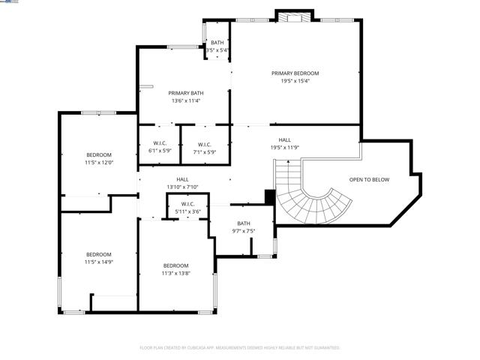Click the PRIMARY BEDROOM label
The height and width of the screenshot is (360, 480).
(x=295, y=73)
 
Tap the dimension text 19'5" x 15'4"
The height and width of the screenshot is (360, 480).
(x=295, y=81)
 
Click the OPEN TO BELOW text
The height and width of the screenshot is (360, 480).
(x=369, y=180)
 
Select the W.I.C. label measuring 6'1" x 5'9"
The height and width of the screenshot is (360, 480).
(x=160, y=144)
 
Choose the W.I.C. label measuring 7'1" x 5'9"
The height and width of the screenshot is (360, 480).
(x=204, y=144)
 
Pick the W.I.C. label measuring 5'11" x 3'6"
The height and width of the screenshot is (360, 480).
(x=187, y=204)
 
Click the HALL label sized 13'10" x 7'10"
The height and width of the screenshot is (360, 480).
(x=182, y=179)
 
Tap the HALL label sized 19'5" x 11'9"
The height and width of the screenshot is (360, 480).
(x=285, y=139)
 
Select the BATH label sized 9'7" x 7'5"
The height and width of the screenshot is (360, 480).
(x=244, y=223)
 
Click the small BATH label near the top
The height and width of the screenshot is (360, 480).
(x=217, y=43)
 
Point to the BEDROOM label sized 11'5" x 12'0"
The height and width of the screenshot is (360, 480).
(x=98, y=154)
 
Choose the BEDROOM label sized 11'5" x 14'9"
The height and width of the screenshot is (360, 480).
(x=98, y=253)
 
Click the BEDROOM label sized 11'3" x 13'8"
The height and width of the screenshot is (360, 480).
(x=175, y=265)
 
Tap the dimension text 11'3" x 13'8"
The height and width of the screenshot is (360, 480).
(x=175, y=273)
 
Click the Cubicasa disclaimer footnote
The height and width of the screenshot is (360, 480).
(x=240, y=348)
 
